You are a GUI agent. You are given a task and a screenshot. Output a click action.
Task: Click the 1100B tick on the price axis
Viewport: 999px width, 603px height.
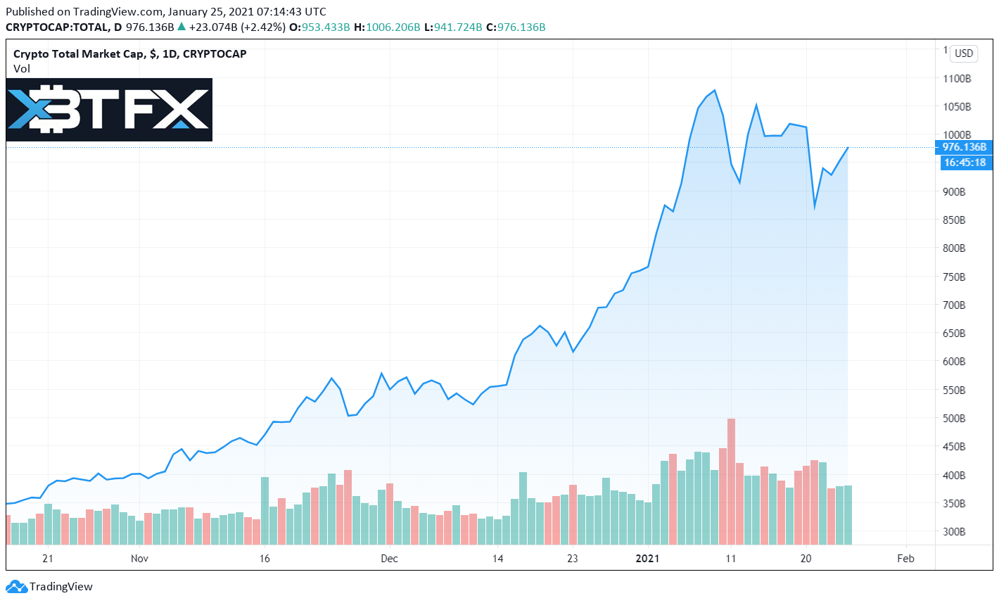tap(957, 79)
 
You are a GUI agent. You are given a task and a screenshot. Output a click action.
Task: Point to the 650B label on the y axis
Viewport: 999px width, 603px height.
tap(954, 334)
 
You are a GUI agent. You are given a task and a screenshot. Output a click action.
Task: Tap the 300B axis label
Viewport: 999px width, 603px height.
tap(954, 532)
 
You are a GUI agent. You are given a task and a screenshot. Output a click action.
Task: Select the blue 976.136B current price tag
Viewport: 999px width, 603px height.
tap(964, 147)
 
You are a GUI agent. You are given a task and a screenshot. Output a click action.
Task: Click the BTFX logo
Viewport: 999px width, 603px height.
tap(109, 110)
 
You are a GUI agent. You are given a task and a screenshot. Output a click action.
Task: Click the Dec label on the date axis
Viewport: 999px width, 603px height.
tap(389, 559)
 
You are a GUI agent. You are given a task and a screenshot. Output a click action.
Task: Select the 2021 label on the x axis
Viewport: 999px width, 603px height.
tap(647, 559)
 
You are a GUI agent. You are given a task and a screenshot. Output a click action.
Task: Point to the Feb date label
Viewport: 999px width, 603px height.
tap(905, 559)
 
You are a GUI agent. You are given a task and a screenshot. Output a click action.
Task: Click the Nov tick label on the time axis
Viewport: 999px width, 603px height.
tap(140, 559)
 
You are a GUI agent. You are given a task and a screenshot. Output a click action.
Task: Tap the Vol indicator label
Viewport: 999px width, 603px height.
tap(22, 69)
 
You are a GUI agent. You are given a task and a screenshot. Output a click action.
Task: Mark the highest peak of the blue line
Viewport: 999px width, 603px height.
tap(715, 90)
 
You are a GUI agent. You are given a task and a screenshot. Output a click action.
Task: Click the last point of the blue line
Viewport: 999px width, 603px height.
tap(848, 147)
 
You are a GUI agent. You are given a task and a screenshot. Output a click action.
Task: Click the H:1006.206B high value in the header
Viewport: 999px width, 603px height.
tap(386, 27)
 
